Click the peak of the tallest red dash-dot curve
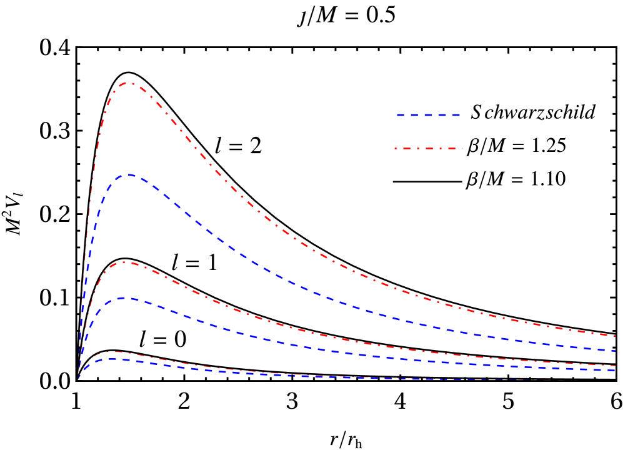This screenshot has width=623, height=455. pos(129,82)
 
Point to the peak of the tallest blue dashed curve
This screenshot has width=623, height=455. pos(129,174)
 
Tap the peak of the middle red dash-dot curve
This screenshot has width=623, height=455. pos(126,262)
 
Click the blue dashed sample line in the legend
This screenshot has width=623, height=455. pos(428,115)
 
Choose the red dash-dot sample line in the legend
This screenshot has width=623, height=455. pos(429,149)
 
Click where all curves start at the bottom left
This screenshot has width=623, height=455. pos(78,379)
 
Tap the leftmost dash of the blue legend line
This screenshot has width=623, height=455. pos(401,115)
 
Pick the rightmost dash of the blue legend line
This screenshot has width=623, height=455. pos(456,115)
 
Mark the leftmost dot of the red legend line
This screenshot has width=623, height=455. pos(396,149)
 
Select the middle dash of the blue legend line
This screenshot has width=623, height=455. pos(428,115)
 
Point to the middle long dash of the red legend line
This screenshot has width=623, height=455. pos(429,149)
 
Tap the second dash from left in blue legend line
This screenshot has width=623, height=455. pos(414,115)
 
